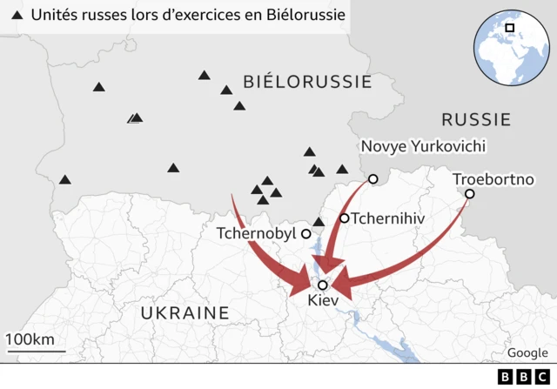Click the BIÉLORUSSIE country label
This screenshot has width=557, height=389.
pyautogui.click(x=307, y=83)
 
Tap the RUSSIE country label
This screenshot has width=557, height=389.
pyautogui.click(x=475, y=119)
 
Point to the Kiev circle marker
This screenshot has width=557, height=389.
pyautogui.click(x=323, y=285)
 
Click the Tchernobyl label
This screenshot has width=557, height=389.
pyautogui.click(x=257, y=234)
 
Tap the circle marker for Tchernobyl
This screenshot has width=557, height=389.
pyautogui.click(x=306, y=234)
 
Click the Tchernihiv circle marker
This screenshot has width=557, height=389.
pyautogui.click(x=345, y=218)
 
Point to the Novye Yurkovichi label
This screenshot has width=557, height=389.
pyautogui.click(x=423, y=146)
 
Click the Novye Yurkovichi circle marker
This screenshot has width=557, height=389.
pyautogui.click(x=372, y=179)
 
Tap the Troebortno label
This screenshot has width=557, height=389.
pyautogui.click(x=492, y=178)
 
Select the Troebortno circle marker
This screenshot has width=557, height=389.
pyautogui.click(x=469, y=194)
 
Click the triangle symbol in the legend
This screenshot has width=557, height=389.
pyautogui.click(x=17, y=16)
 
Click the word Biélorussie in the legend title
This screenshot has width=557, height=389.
pyautogui.click(x=298, y=16)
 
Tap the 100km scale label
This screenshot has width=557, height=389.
pyautogui.click(x=30, y=339)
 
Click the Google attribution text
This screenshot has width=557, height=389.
pyautogui.click(x=527, y=352)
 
